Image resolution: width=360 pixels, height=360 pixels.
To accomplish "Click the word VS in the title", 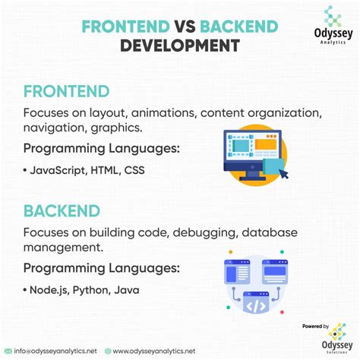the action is click(x=185, y=27).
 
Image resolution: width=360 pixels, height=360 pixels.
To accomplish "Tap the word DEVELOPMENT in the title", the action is click(x=180, y=46).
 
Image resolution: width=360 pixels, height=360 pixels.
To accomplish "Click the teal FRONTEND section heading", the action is click(x=67, y=91).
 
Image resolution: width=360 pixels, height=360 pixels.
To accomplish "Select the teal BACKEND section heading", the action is click(x=62, y=211).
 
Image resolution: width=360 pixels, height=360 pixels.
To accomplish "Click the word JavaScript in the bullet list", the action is click(x=58, y=170).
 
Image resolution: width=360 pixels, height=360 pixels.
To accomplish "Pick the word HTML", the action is click(x=105, y=170).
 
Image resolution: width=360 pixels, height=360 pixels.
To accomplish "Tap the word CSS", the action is click(x=134, y=170).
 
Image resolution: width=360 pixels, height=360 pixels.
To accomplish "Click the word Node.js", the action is click(x=49, y=290).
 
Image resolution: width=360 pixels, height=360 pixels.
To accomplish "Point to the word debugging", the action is click(x=206, y=233).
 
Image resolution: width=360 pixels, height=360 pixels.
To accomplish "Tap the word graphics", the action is click(x=116, y=128).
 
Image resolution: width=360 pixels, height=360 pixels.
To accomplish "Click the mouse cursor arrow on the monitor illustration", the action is click(x=284, y=174).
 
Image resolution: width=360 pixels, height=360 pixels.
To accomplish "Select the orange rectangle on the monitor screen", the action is click(x=266, y=144).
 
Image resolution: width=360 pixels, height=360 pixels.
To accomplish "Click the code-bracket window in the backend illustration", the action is click(x=256, y=302).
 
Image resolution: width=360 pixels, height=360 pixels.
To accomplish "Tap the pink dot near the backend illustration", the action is click(x=282, y=312).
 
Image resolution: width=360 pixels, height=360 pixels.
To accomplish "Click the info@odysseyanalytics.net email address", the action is click(x=55, y=351).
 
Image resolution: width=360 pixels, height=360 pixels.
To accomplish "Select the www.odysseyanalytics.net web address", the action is click(x=154, y=352).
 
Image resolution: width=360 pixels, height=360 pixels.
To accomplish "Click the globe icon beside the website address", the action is click(x=108, y=351).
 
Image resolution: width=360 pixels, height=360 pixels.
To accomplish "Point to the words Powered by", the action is click(x=315, y=327).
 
